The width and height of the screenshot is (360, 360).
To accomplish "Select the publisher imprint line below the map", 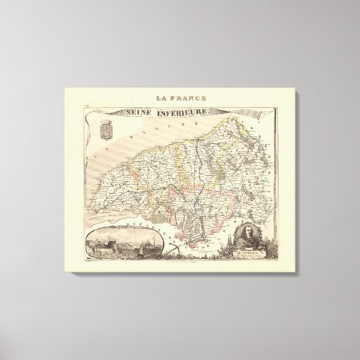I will tap(179, 265).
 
